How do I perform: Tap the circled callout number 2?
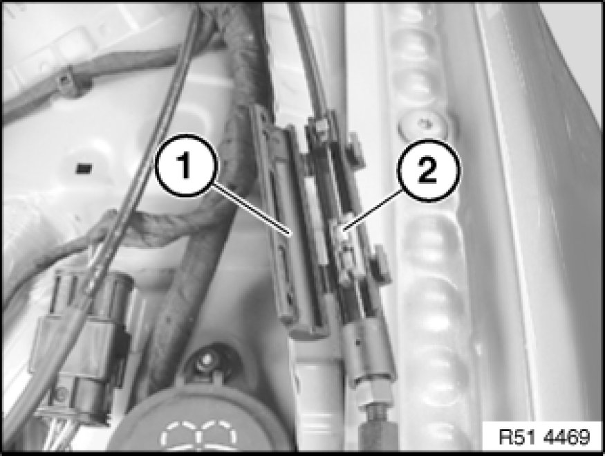(429, 170)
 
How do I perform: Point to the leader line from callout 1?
(251, 210)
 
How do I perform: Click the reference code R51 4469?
(544, 437)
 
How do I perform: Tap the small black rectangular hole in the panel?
(84, 168)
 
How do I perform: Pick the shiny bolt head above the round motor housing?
(205, 361)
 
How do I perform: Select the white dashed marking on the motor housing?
(198, 435)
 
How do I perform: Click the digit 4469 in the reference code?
(566, 437)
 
